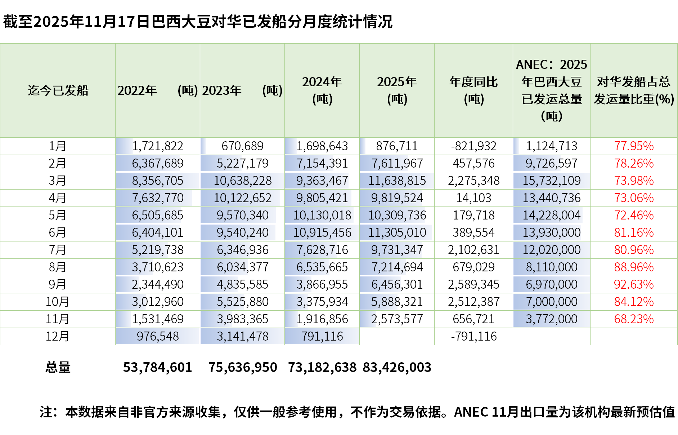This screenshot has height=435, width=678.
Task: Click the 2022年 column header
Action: point(157,90)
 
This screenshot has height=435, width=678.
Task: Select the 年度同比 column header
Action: point(473,90)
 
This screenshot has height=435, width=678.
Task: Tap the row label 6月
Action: point(58,232)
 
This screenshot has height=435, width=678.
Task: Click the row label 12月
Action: point(58,336)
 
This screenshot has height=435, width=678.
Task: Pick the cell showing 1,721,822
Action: point(157,146)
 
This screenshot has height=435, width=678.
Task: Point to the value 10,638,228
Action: point(242,181)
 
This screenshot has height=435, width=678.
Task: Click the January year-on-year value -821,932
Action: point(473,146)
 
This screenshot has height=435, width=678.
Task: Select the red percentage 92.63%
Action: point(634,284)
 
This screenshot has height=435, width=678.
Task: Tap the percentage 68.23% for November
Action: point(634,319)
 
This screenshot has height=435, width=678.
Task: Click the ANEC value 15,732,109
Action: point(552,181)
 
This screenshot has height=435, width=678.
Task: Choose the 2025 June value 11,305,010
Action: point(397,232)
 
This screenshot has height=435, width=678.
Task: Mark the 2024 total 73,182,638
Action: point(322,367)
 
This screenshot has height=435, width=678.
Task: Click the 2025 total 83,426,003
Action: point(397,367)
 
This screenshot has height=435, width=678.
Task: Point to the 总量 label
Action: point(58,367)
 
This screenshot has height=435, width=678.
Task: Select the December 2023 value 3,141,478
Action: point(242,336)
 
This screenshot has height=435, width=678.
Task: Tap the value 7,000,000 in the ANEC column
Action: point(552,302)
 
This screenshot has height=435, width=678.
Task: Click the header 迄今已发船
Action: point(58,90)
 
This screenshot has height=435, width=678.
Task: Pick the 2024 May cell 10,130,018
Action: point(322,215)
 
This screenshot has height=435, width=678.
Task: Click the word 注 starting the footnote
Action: point(46,412)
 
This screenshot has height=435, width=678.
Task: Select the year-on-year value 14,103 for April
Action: point(473,198)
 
